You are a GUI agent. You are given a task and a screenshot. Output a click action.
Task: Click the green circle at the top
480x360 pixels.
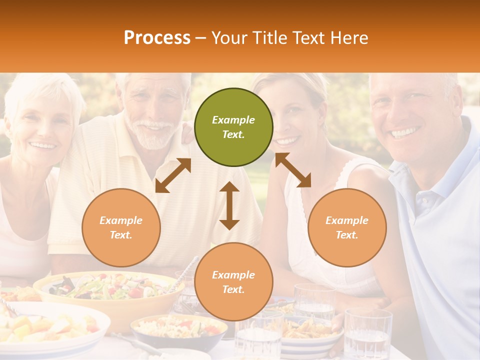(233, 127)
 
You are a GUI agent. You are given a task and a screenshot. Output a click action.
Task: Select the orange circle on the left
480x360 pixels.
(121, 227)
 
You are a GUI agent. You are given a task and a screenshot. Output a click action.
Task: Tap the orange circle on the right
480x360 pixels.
(347, 227)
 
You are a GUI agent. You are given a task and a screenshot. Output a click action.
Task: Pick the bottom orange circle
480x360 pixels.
(233, 282)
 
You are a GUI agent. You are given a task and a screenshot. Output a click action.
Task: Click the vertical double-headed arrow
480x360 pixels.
(229, 205)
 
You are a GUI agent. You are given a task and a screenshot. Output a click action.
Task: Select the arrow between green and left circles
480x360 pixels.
(173, 175)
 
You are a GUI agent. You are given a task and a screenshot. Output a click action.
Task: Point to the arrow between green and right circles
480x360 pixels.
(293, 170)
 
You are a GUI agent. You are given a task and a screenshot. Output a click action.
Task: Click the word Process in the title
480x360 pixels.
(157, 37)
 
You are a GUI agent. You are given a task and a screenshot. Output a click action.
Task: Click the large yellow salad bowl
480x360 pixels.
(107, 295)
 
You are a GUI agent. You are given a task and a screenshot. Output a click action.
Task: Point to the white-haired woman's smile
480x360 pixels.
(43, 145)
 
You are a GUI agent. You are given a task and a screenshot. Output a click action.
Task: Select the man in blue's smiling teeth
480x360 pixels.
(404, 133)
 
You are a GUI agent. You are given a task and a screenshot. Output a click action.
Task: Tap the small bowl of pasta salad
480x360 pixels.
(177, 330)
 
